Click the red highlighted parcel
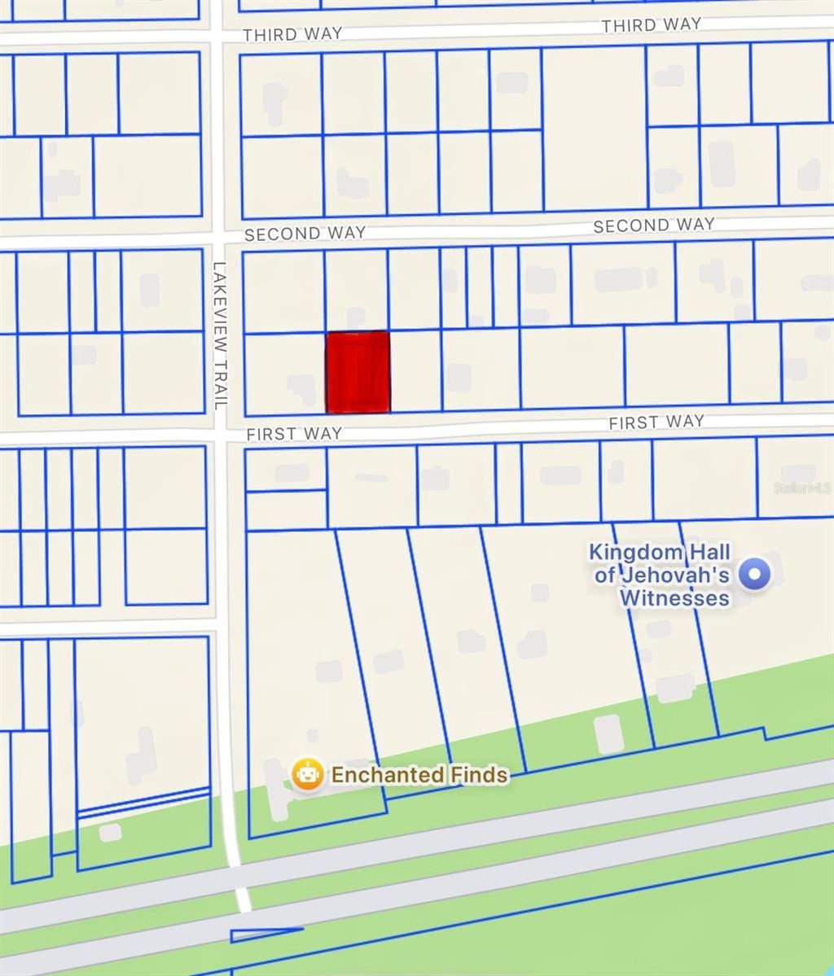(358, 372)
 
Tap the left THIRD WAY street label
(292, 34)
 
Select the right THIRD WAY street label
(651, 25)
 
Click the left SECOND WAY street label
(305, 234)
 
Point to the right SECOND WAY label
(653, 225)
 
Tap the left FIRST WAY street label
(293, 434)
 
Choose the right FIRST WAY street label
(656, 422)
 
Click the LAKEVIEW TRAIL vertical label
(218, 335)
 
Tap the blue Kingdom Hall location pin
(754, 575)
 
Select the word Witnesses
(674, 598)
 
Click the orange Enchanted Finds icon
(307, 774)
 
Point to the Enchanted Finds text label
(419, 775)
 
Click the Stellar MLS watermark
(802, 488)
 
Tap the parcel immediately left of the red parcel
(284, 373)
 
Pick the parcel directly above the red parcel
(356, 290)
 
